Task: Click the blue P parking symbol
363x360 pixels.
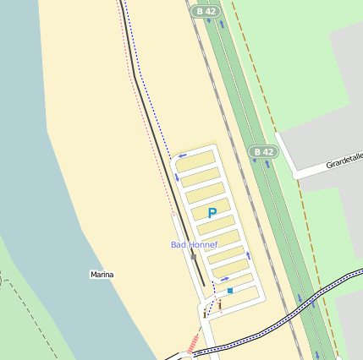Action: click(x=212, y=214)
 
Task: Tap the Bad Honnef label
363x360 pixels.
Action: click(x=195, y=244)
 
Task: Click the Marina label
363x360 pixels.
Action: click(x=102, y=275)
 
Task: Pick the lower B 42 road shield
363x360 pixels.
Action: click(x=264, y=151)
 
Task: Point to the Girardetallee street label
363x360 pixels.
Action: click(x=344, y=160)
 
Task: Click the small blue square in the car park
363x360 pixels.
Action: click(x=230, y=291)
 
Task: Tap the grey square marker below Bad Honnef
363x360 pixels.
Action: click(x=193, y=257)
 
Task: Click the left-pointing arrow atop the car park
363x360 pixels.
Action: click(x=182, y=156)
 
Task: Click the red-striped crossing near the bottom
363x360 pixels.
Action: click(x=195, y=342)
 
